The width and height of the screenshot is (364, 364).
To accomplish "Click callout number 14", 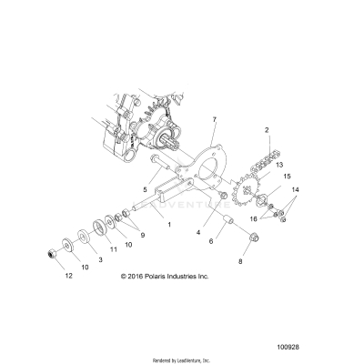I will (x=293, y=214).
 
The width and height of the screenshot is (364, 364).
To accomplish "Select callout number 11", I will (x=114, y=247).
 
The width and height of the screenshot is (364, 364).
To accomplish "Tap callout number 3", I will (x=101, y=259).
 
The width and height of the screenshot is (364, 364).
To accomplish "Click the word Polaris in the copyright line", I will (x=170, y=274).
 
